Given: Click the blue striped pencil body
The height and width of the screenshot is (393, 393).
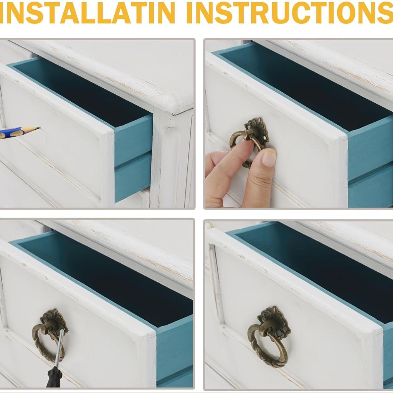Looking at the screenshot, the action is (13, 132).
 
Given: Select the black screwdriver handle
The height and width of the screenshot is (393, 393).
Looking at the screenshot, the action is (54, 377).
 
